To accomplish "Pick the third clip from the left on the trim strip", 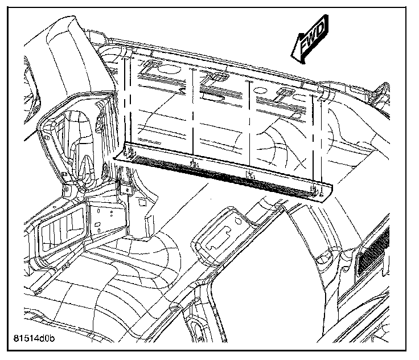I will [249, 174].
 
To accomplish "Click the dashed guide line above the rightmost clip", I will [314, 142].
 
